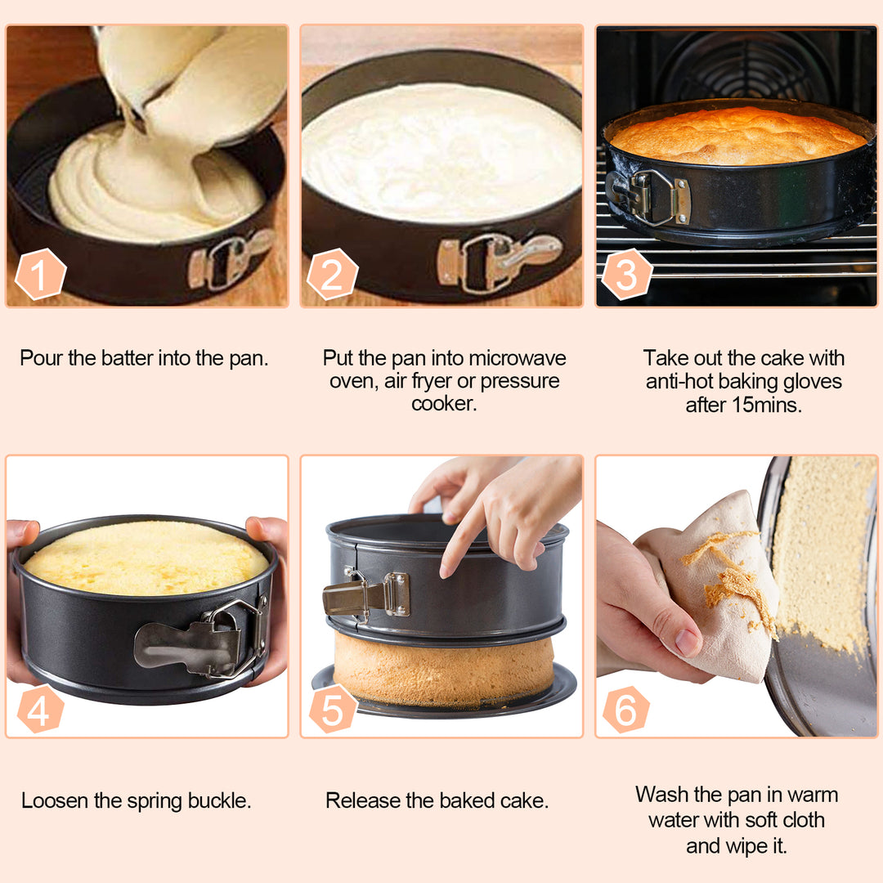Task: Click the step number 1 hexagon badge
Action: pyautogui.click(x=40, y=273)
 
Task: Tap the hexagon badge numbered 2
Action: pyautogui.click(x=332, y=274)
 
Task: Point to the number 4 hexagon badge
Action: pyautogui.click(x=40, y=710)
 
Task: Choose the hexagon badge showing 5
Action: pyautogui.click(x=332, y=710)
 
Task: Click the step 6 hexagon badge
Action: pyautogui.click(x=626, y=710)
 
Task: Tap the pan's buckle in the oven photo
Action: pyautogui.click(x=651, y=196)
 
